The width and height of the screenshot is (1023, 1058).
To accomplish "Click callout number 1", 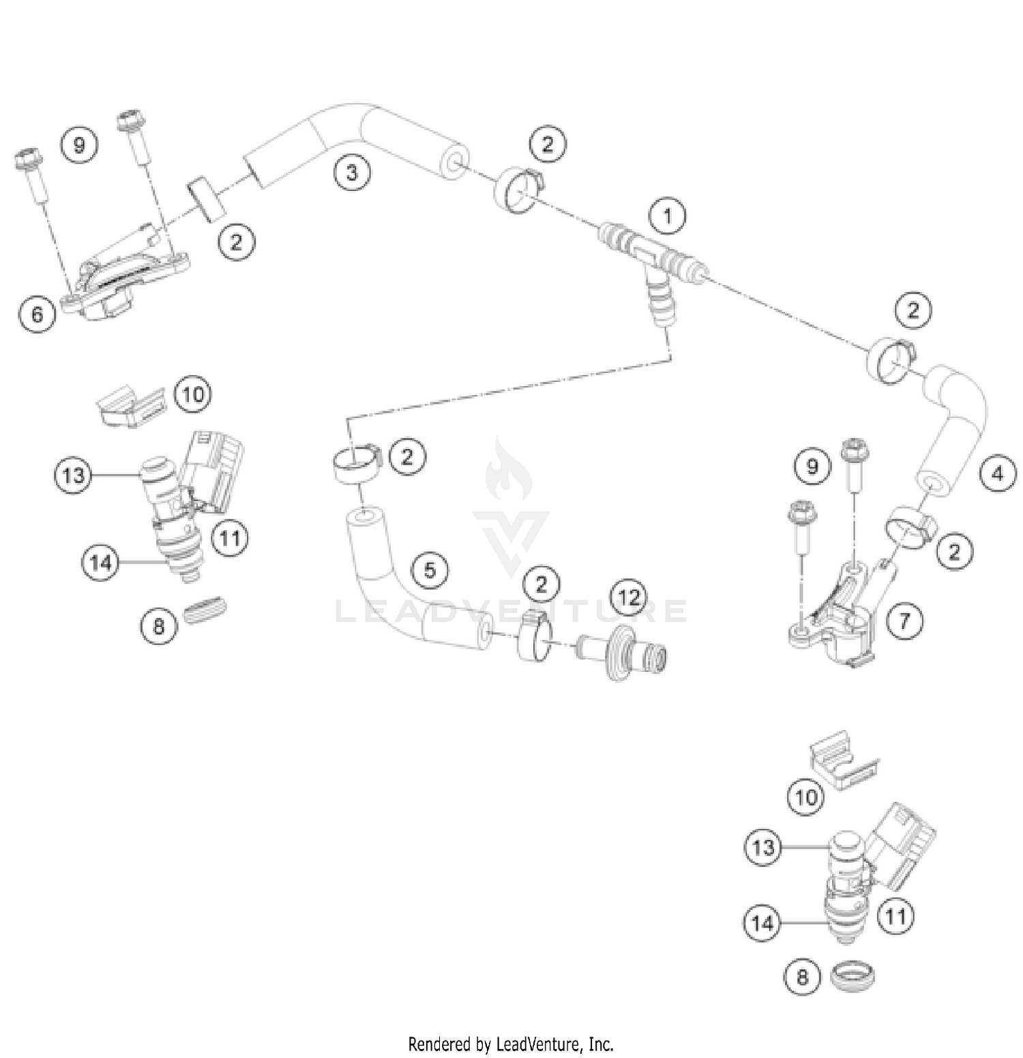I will tap(667, 216).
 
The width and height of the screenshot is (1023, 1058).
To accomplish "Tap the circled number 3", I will tap(352, 172).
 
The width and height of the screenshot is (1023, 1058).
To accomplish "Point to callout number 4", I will tap(997, 473).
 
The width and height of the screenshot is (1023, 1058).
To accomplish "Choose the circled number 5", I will tap(430, 570).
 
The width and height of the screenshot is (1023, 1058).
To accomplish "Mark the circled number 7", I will tap(904, 621).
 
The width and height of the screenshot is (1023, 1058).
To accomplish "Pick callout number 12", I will tap(629, 598).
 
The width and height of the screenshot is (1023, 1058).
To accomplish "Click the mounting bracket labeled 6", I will tap(126, 283).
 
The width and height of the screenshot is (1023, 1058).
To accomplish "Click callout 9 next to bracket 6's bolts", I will tap(80, 145).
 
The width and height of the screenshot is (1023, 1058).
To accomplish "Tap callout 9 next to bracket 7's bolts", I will tap(812, 467).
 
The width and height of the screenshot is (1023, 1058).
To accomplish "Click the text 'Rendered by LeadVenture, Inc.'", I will tap(511, 1044).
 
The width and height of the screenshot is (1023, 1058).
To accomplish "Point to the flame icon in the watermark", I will tap(509, 471).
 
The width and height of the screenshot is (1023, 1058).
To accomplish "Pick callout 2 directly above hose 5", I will tap(407, 456).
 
